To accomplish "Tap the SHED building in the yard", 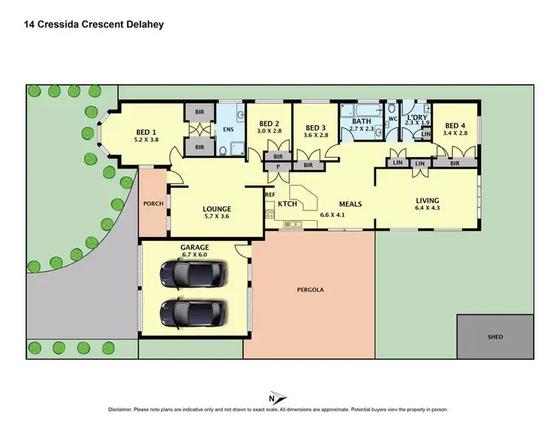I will click(495, 337).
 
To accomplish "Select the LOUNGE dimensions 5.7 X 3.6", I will click(216, 217).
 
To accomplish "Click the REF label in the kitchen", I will click(270, 195).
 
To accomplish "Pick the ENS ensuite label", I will click(228, 133).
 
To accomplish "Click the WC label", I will click(394, 118).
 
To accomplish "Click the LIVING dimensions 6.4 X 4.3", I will click(427, 208).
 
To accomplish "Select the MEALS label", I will click(350, 203).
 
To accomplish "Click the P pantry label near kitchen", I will click(278, 167).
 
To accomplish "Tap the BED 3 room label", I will click(316, 127).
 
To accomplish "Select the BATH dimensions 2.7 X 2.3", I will click(362, 129).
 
